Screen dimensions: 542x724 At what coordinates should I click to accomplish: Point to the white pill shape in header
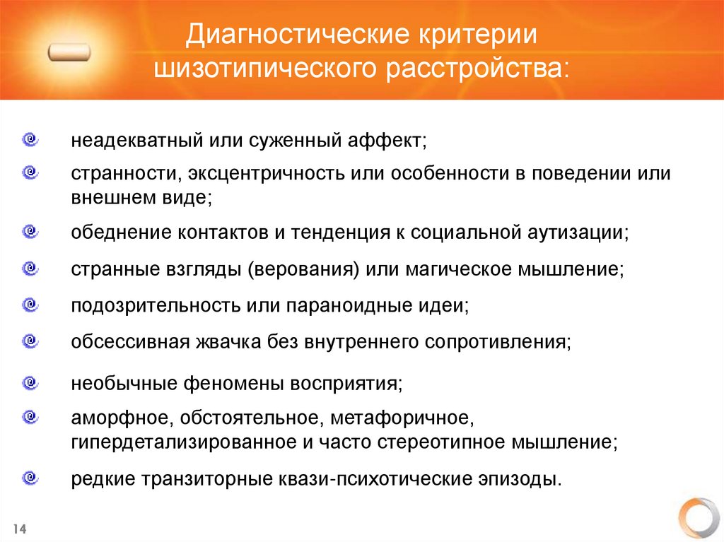70,53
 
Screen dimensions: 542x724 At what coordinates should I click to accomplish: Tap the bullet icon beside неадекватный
30,139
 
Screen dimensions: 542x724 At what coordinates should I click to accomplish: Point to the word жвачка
227,343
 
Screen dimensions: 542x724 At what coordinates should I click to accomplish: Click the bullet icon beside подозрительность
30,305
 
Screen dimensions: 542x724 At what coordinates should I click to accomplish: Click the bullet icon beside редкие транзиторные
30,477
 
